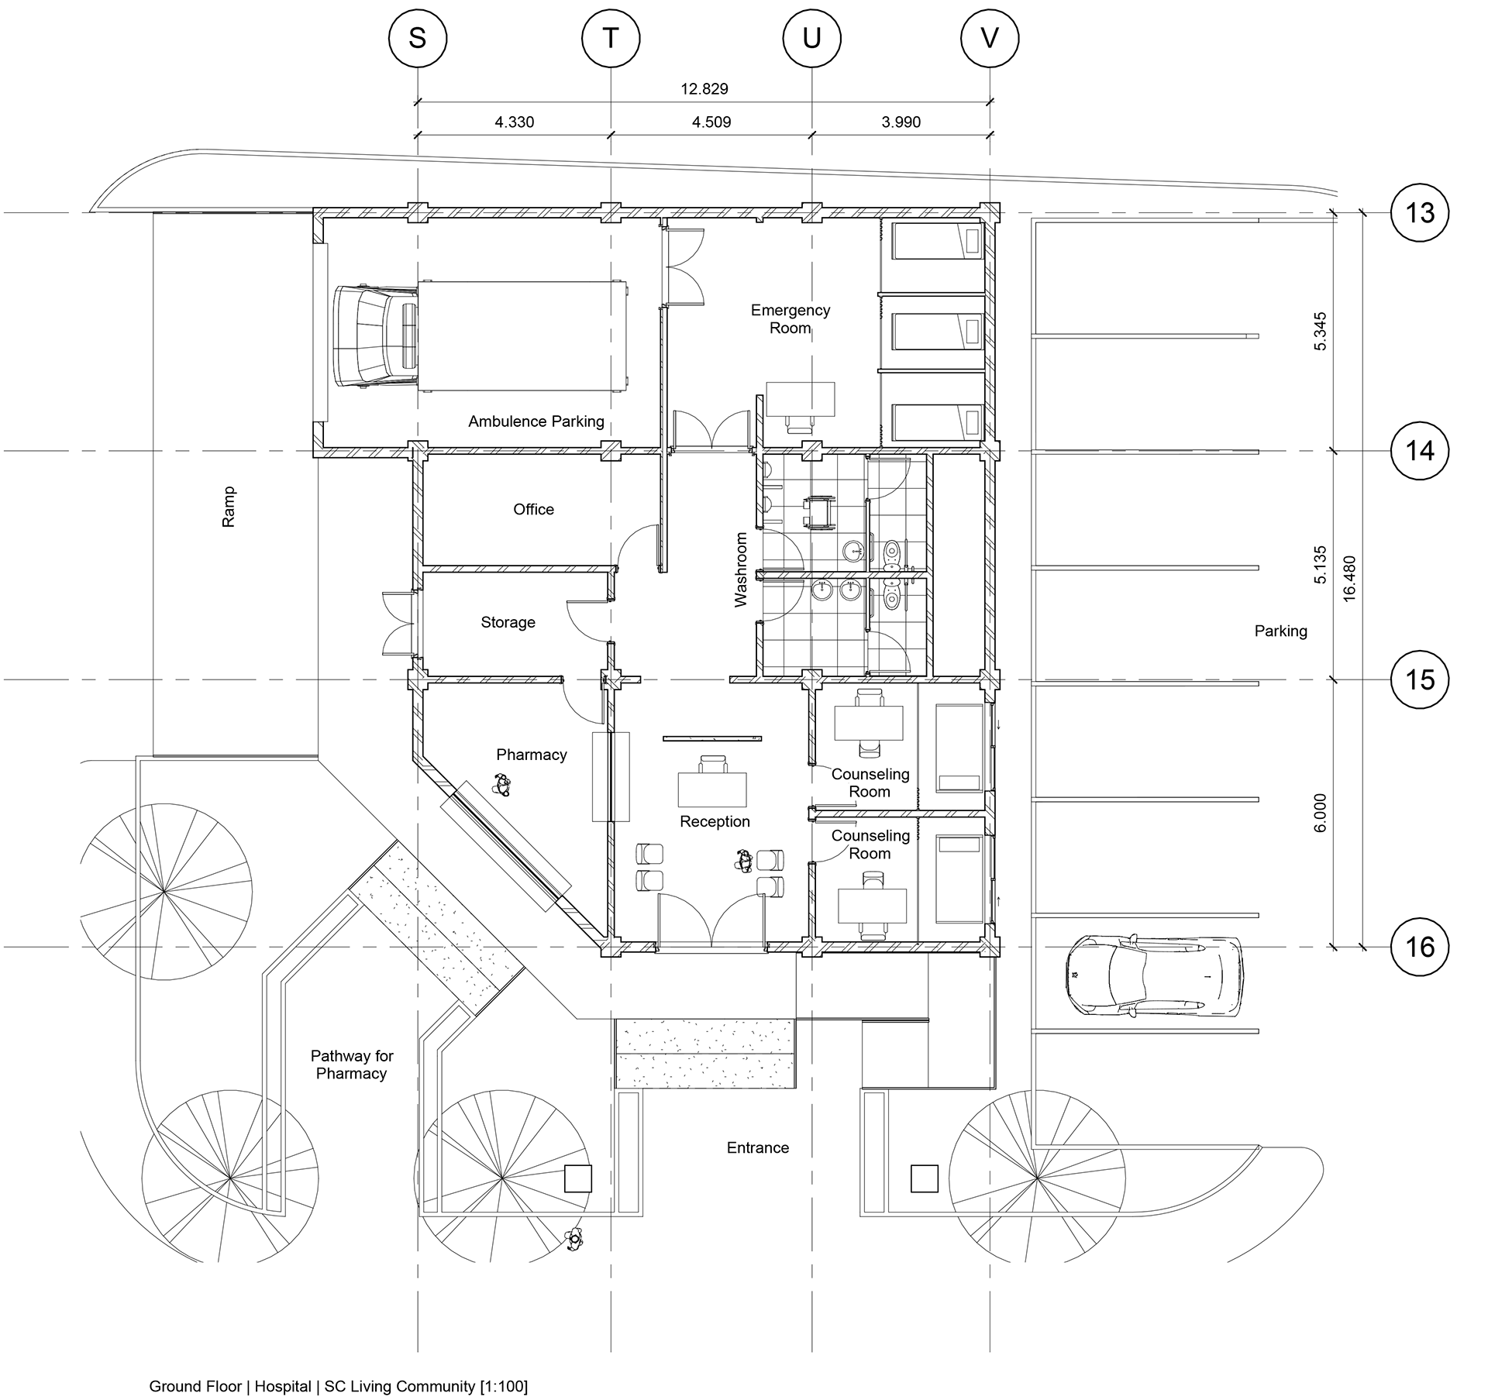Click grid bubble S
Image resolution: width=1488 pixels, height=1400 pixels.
pos(417,38)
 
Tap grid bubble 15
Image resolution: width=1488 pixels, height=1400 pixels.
pos(1420,679)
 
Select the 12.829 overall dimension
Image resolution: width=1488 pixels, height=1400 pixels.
pos(704,89)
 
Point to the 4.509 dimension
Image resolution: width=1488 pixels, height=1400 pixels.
pos(711,122)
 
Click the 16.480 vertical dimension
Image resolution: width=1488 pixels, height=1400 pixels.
pos(1349,579)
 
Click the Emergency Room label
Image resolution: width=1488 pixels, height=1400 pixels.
pos(790,318)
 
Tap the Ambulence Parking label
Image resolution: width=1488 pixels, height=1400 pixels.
pos(536,421)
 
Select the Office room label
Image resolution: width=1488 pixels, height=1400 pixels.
pos(533,509)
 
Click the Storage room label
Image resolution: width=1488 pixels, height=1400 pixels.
pos(508,622)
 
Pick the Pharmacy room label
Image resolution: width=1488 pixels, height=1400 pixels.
pos(531,755)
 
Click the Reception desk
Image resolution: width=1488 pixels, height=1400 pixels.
pos(712,788)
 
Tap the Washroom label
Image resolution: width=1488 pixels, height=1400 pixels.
pos(741,569)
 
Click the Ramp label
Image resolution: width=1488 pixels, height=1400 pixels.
pos(229,507)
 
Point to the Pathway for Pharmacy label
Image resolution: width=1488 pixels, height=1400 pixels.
pos(351,1065)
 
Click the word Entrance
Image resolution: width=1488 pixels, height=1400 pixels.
pos(757,1147)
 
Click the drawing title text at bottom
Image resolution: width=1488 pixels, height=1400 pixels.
pos(338,1386)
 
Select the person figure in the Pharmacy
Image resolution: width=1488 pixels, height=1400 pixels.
pos(501,787)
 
